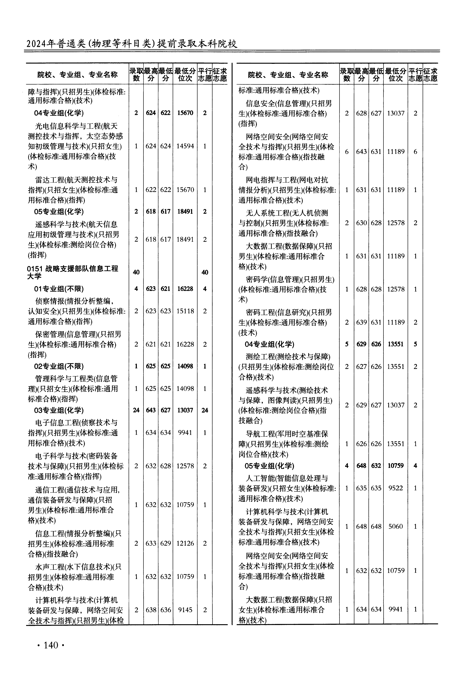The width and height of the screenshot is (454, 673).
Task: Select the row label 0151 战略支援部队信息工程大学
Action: point(72,272)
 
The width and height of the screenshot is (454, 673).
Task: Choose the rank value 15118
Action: point(185,311)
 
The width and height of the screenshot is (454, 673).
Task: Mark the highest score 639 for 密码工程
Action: point(361,322)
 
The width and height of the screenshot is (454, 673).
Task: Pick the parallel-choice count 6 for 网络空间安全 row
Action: point(415,152)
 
